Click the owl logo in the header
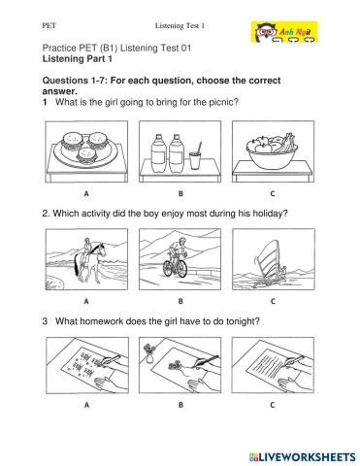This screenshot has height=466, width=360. (284, 32)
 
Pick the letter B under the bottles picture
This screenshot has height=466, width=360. (180, 193)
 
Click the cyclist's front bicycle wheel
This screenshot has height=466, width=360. (181, 268)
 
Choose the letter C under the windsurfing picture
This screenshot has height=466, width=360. (273, 301)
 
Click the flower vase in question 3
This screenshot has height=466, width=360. (148, 353)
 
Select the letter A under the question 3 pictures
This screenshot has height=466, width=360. (86, 405)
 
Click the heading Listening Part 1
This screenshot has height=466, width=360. (78, 59)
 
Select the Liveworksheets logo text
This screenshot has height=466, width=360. (303, 457)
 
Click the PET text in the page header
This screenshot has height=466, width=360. (49, 25)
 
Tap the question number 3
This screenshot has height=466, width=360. (45, 321)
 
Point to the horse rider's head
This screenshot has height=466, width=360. (87, 241)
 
